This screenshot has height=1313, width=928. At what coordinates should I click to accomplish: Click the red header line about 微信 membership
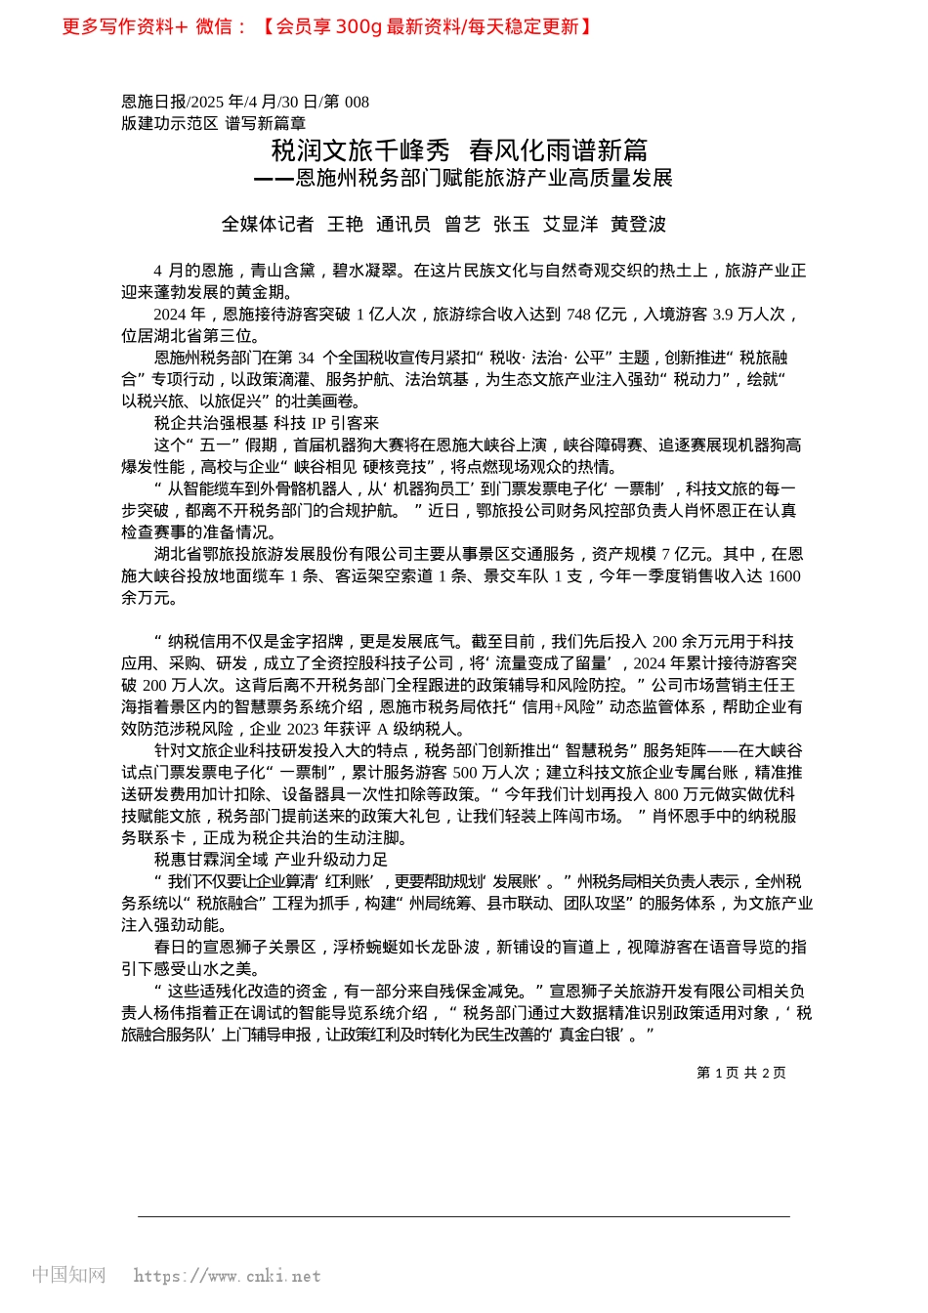(x=327, y=26)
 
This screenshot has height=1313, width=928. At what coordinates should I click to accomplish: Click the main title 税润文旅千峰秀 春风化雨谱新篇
(x=459, y=150)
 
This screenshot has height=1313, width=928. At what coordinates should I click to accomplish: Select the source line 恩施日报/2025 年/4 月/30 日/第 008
(x=245, y=102)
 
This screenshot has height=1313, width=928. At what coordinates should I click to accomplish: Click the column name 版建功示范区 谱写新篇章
(x=213, y=123)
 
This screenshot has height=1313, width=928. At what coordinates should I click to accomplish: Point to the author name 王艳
(x=345, y=225)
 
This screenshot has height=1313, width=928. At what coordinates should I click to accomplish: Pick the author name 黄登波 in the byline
(x=638, y=225)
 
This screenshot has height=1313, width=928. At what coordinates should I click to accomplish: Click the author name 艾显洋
(x=570, y=225)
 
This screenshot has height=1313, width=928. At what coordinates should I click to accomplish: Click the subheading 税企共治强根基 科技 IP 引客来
(x=267, y=423)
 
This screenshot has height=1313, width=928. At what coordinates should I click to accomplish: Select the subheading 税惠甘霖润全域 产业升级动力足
(x=271, y=860)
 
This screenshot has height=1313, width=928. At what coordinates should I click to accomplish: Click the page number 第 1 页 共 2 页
(x=740, y=1073)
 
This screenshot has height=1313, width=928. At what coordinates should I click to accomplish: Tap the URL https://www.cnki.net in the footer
(x=227, y=1276)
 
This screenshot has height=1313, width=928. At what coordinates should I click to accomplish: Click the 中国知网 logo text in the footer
(x=68, y=1275)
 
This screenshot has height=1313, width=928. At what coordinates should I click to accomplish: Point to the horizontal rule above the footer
(x=463, y=1217)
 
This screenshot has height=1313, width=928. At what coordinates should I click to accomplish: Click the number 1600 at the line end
(x=783, y=576)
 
